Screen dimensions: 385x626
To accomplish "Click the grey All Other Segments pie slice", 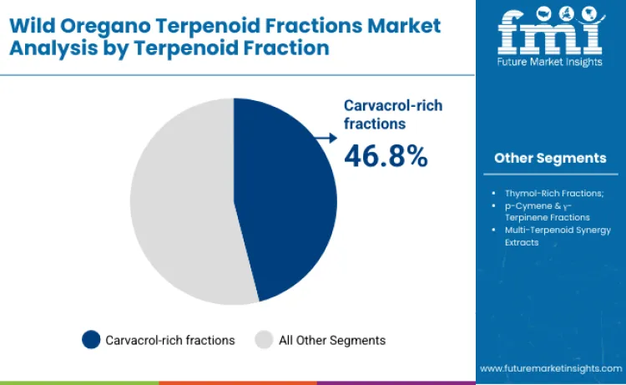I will coord(179,200).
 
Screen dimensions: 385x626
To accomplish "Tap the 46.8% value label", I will coord(386,155).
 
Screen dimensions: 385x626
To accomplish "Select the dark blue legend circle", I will coord(91,340).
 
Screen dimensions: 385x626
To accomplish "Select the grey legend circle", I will coord(264,340).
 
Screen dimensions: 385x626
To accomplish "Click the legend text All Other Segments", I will coord(332,340).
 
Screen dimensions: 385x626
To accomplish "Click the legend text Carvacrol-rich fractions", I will coord(170,340).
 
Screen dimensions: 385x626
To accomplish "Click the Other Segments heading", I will coord(550,158).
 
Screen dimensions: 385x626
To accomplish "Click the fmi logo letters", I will coord(550,33).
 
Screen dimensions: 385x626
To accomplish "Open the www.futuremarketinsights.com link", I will coord(550,367).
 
